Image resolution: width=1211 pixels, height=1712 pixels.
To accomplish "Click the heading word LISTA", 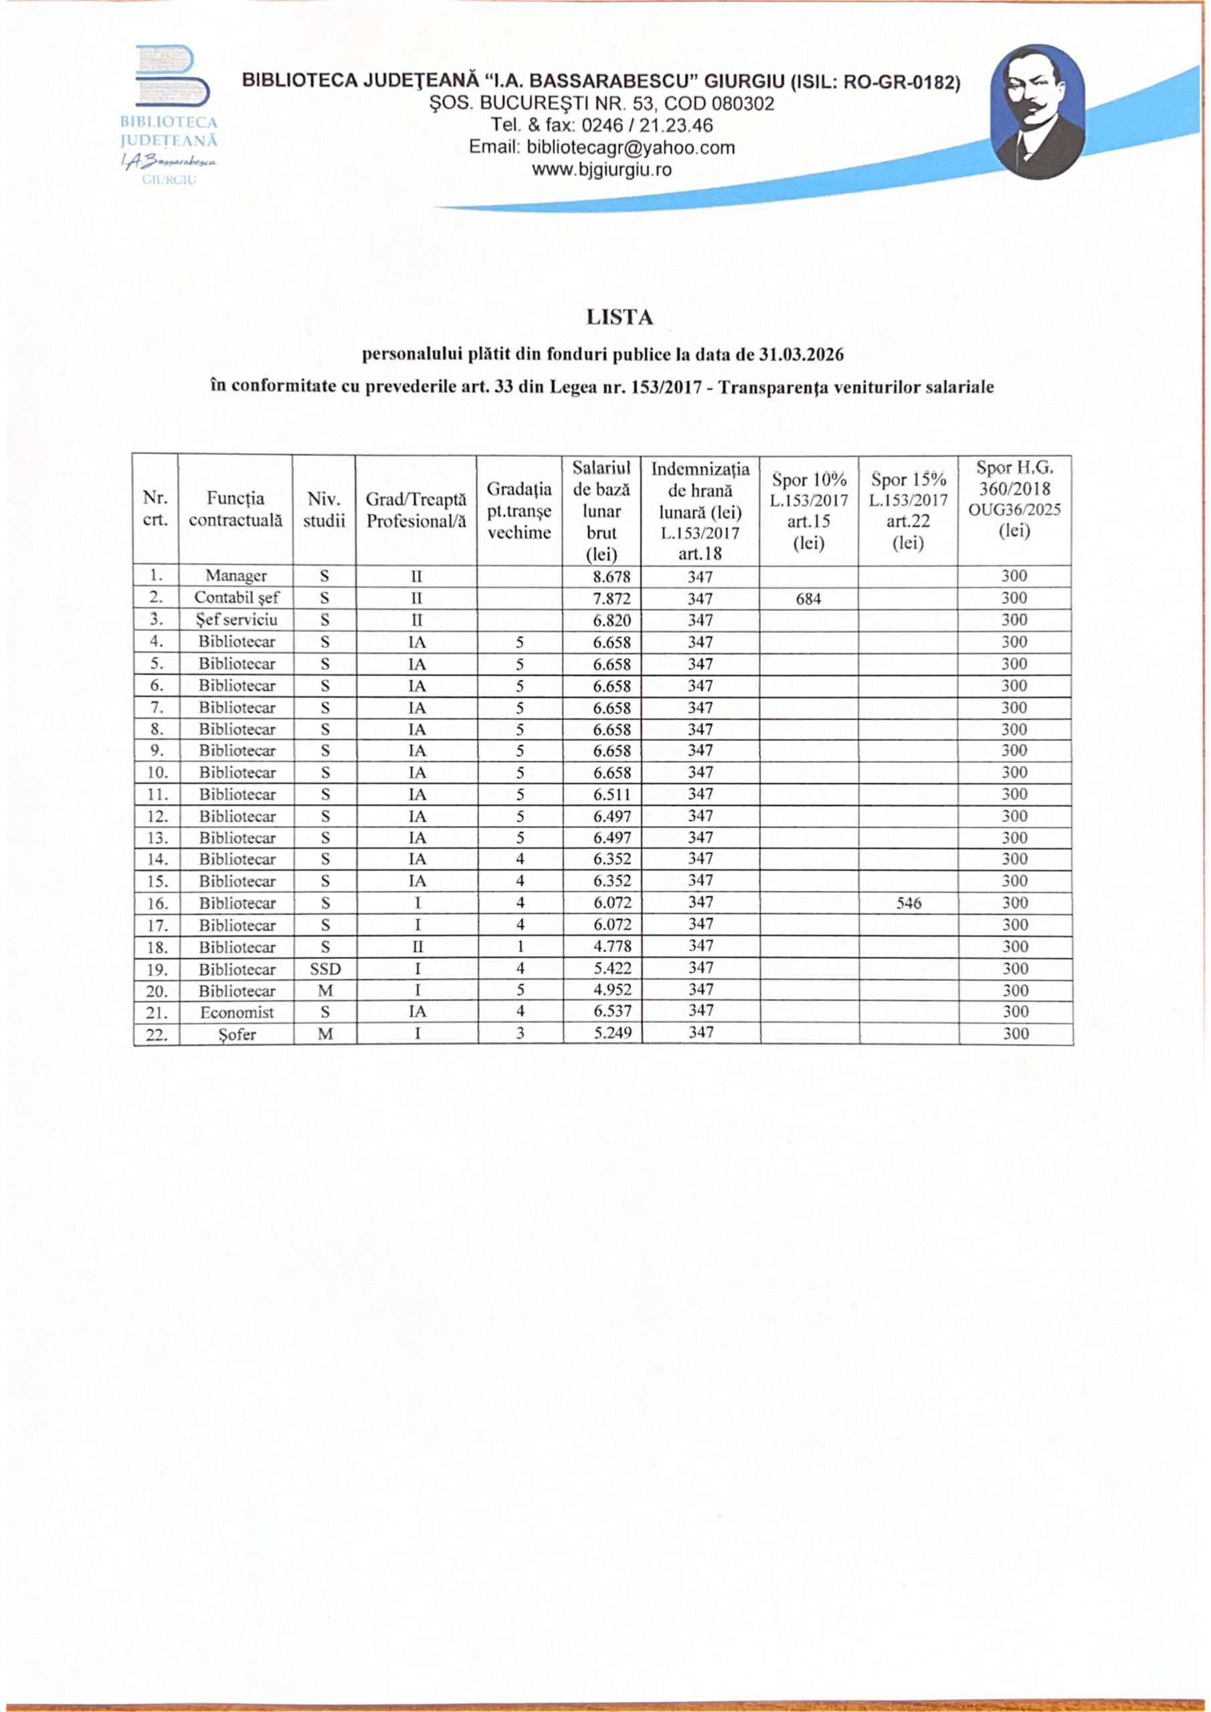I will pos(620,318).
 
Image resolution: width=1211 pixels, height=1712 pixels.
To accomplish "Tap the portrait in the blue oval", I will pos(1037,111).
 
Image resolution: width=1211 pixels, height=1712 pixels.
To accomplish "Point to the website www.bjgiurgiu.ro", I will pos(601,170).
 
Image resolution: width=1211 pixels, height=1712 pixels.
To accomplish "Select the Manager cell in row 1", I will pos(236,576).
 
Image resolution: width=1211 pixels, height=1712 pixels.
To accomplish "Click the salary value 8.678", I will pos(612,576).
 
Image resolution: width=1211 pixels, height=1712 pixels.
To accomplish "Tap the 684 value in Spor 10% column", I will pos(808,599).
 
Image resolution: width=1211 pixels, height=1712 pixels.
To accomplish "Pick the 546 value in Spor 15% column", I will pos(909,903).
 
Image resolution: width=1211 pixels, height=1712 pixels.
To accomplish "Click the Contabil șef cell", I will pos(236,598).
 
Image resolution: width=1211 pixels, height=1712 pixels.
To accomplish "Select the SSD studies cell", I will pos(324,969).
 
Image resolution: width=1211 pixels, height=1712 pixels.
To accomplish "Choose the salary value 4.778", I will pos(612,947).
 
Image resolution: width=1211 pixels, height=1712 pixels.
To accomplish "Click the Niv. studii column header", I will pos(324,510).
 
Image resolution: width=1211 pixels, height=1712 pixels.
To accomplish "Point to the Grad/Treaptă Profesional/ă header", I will pos(415,510).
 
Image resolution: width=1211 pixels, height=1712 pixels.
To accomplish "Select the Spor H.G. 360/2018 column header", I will pos(1014,500).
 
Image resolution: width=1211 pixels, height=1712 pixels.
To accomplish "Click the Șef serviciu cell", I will pos(236,621).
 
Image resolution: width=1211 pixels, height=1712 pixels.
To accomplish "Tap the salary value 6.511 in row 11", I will pos(612,795).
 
